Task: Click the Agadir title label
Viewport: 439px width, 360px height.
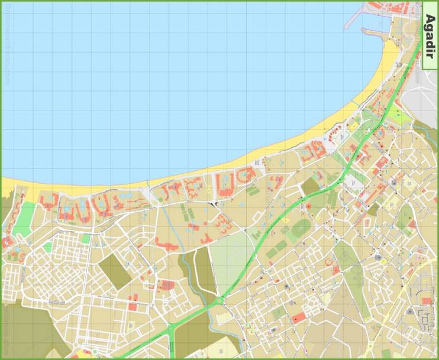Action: point(430,36)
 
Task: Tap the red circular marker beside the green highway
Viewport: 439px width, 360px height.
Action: point(308,206)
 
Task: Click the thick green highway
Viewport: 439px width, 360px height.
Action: point(266,242)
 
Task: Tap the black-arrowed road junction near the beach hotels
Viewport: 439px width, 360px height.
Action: point(213,205)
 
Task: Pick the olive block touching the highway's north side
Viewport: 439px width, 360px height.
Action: point(310,187)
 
